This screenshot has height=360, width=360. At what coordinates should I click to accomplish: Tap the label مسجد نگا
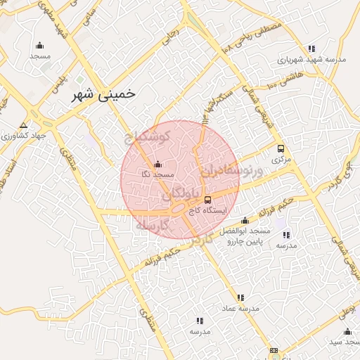156,173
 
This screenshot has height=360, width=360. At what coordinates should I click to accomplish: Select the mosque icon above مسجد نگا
156,165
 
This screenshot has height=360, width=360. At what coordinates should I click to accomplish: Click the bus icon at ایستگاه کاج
207,200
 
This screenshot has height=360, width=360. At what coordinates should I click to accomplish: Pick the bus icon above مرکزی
281,149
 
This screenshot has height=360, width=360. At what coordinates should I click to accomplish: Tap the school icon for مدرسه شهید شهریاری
321,49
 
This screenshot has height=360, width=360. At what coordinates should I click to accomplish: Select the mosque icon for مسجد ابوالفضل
245,221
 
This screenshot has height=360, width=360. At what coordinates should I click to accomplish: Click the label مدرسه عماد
240,309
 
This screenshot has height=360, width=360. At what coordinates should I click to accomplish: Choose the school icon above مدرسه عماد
240,298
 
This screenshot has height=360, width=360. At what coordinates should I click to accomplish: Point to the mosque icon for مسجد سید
347,331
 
